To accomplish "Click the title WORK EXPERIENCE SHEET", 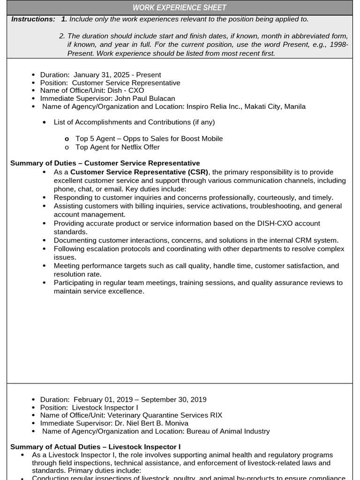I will pyautogui.click(x=180, y=7).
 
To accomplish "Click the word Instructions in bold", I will pyautogui.click(x=33, y=19).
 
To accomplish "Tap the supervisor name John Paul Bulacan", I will pyautogui.click(x=145, y=98).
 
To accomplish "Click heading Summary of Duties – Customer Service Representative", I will pyautogui.click(x=105, y=163).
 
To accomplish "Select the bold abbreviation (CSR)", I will pyautogui.click(x=196, y=172).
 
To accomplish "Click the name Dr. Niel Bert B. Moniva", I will pyautogui.click(x=151, y=423).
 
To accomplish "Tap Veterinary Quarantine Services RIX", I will pyautogui.click(x=165, y=415).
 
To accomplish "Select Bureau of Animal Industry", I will pyautogui.click(x=228, y=431).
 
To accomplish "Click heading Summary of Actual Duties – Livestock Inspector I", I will pyautogui.click(x=95, y=447).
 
